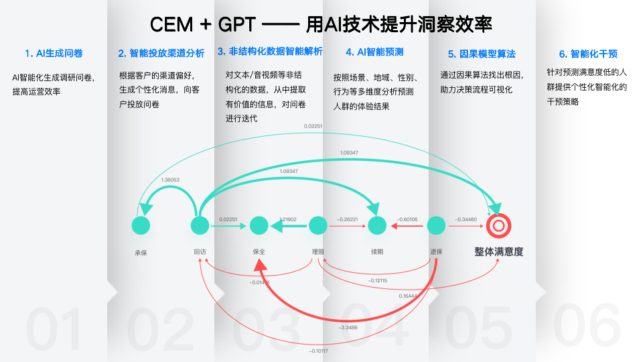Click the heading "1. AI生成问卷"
(54, 54)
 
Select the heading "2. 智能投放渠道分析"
(161, 54)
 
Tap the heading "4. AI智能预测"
(374, 52)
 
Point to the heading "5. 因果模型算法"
(482, 54)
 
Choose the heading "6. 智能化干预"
(589, 54)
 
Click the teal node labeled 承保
(141, 226)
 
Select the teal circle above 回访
(200, 226)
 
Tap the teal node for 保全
(259, 226)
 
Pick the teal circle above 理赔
(317, 226)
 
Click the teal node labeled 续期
(377, 226)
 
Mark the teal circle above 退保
(436, 226)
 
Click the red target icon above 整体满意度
(498, 226)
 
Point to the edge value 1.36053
(170, 180)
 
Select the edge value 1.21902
(287, 219)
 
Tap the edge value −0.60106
(407, 219)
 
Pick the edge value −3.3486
(348, 327)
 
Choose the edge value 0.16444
(408, 296)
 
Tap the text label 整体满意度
(498, 252)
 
